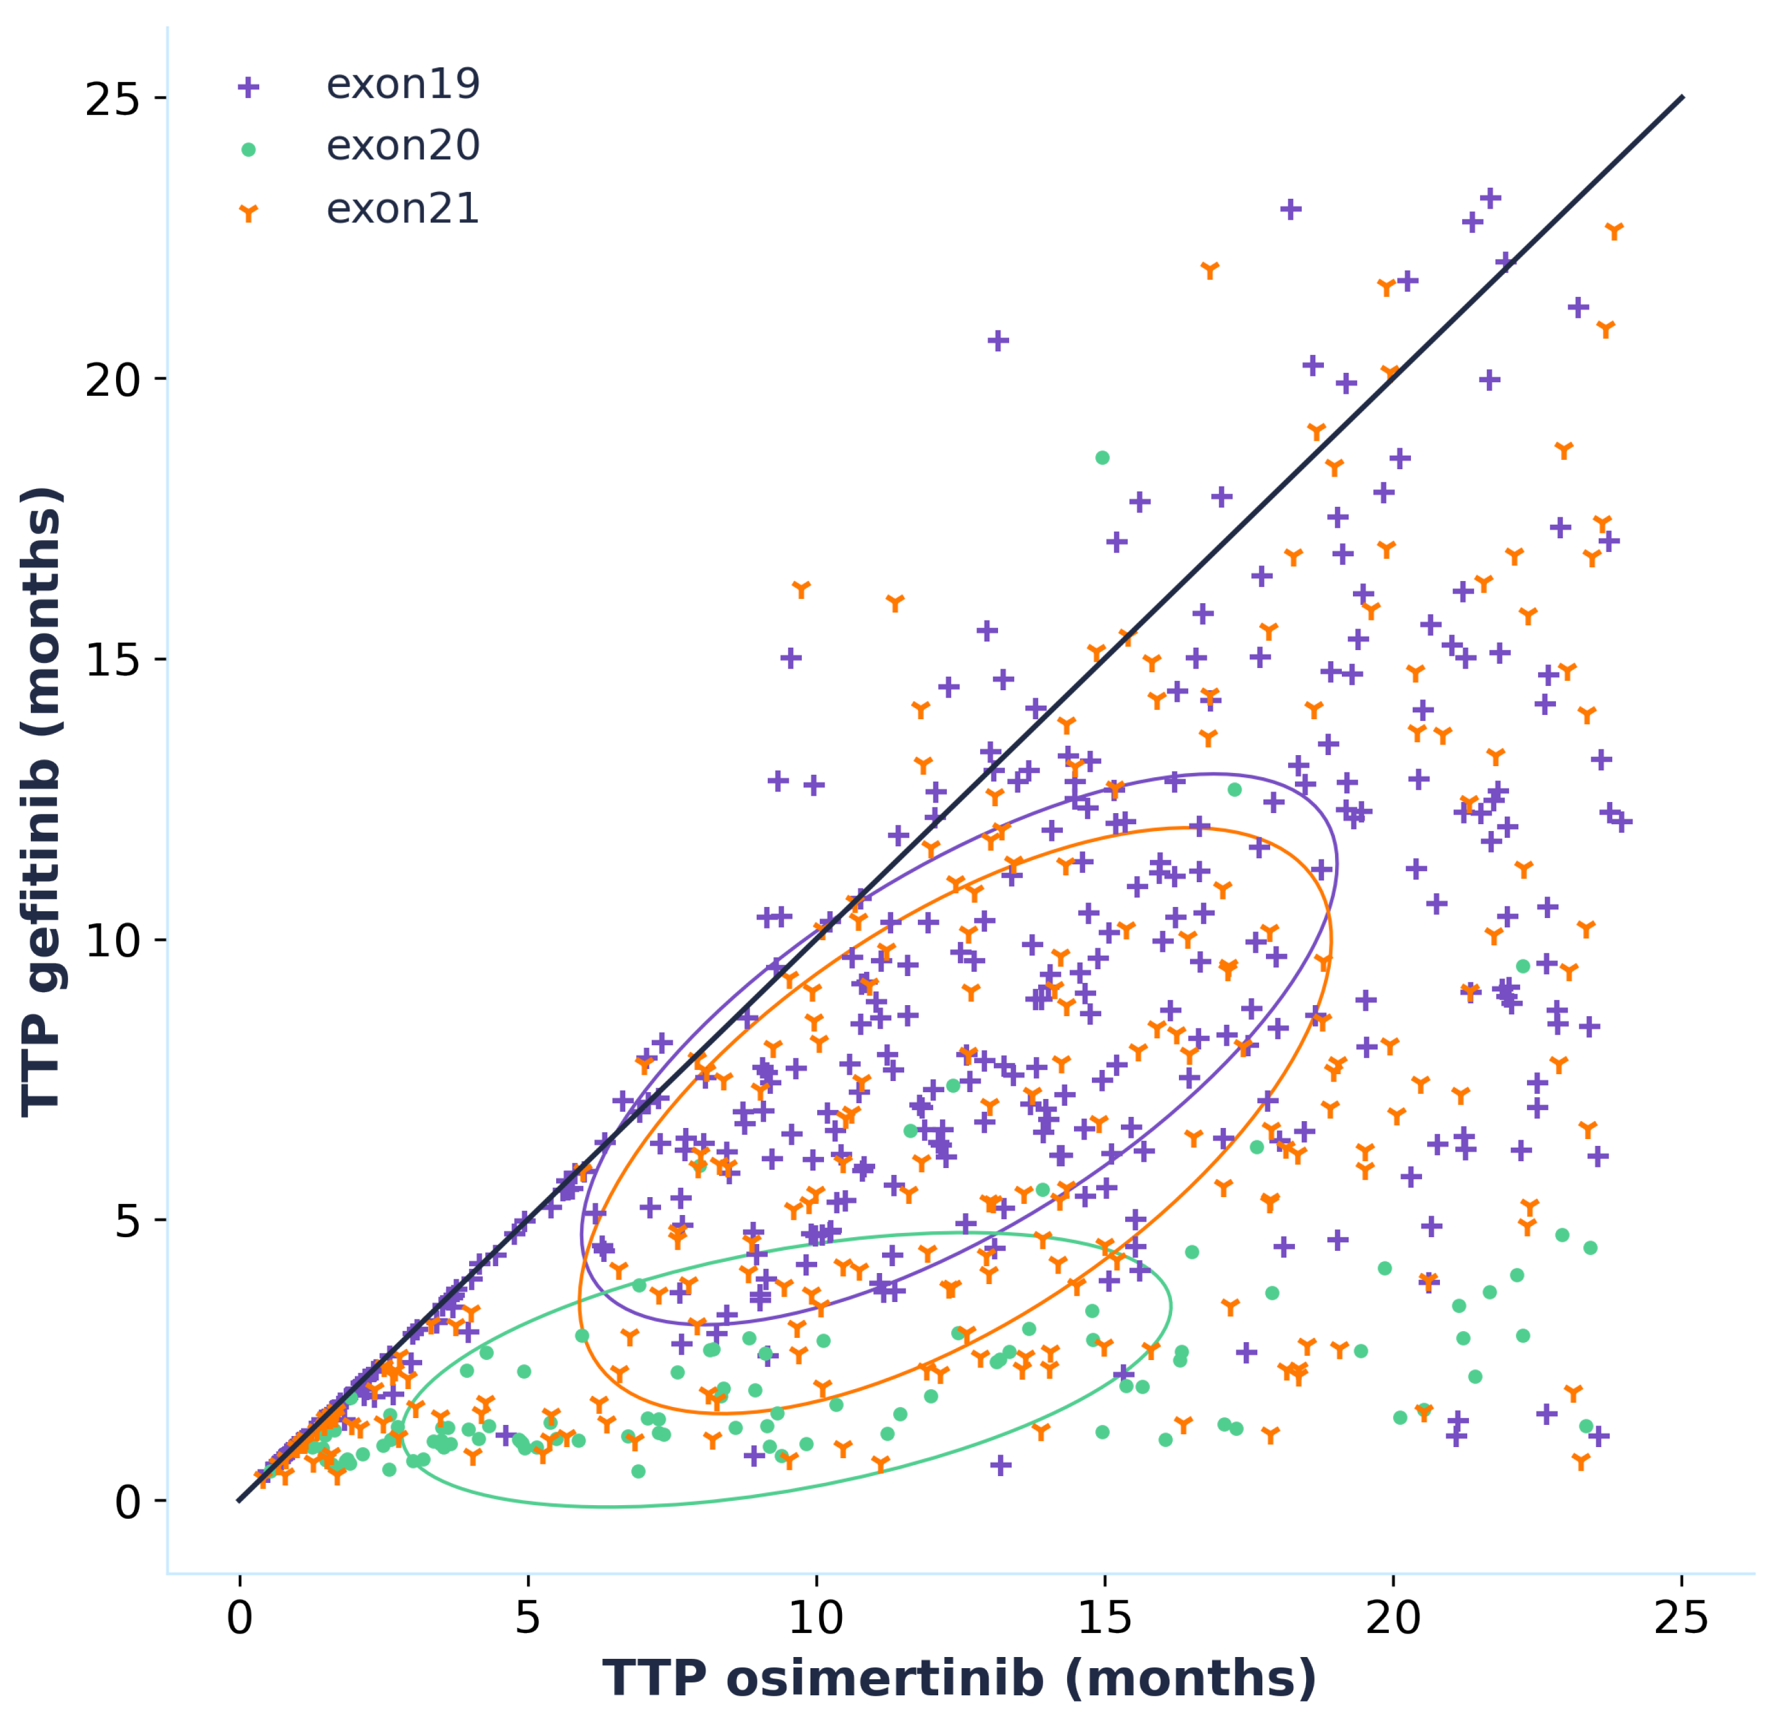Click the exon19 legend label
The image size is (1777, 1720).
[x=402, y=85]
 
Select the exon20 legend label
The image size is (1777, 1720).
[x=402, y=146]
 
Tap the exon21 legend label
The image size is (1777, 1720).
[x=402, y=209]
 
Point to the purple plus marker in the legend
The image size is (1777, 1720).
[x=248, y=87]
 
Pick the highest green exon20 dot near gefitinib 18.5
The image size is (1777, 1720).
[x=1102, y=458]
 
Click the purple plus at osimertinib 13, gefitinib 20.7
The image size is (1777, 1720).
[x=998, y=341]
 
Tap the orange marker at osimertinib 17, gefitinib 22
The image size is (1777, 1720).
[x=1209, y=269]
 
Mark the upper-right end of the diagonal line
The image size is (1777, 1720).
[x=1683, y=96]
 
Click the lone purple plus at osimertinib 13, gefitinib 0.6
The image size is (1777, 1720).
[x=1001, y=1465]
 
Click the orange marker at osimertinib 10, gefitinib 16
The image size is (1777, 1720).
[x=801, y=590]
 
